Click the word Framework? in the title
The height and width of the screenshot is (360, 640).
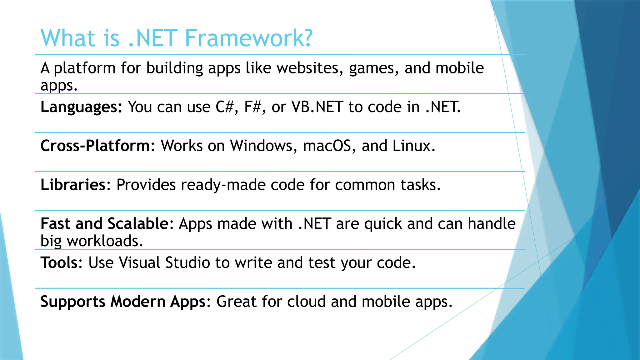pyautogui.click(x=248, y=38)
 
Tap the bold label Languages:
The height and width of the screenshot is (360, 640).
pyautogui.click(x=81, y=107)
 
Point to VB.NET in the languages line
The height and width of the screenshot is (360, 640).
pyautogui.click(x=317, y=107)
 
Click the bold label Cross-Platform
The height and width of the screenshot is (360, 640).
pyautogui.click(x=95, y=146)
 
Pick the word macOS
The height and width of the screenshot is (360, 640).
pyautogui.click(x=327, y=146)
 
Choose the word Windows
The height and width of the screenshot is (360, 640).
pyautogui.click(x=261, y=146)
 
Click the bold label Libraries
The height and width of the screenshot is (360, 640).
pyautogui.click(x=73, y=185)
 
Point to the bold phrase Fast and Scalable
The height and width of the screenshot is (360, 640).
pyautogui.click(x=105, y=224)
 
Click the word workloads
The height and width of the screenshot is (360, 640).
pyautogui.click(x=105, y=241)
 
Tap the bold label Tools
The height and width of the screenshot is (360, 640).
pyautogui.click(x=59, y=262)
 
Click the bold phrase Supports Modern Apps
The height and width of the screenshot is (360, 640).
pyautogui.click(x=123, y=302)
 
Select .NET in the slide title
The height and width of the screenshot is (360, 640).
pyautogui.click(x=153, y=38)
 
